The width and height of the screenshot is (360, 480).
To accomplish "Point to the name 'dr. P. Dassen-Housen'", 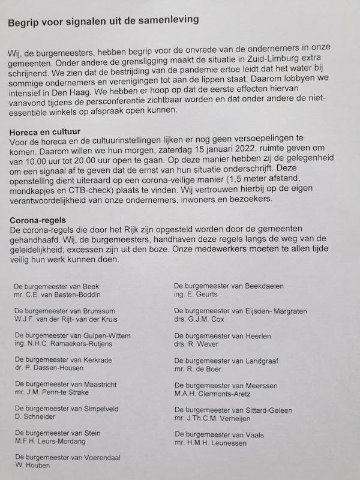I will pyautogui.click(x=50, y=368).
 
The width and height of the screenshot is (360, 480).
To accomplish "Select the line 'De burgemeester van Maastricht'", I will pyautogui.click(x=65, y=384).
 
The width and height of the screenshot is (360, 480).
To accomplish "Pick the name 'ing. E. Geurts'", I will pyautogui.click(x=196, y=295).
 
